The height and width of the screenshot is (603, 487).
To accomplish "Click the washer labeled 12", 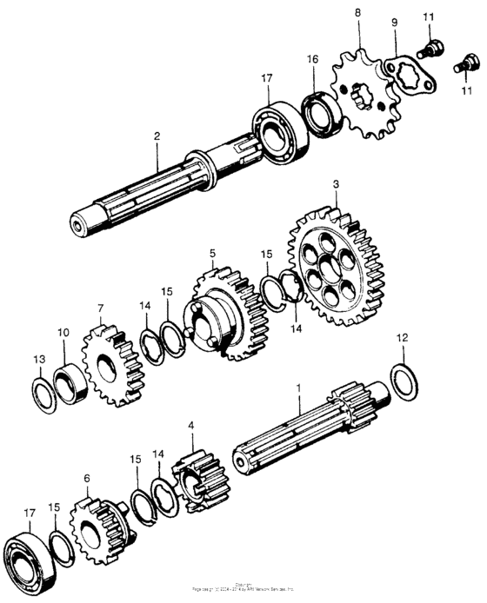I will coord(404,381).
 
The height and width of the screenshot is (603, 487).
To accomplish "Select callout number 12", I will coord(401,336).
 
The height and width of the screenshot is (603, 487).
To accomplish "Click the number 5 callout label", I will coord(211,254).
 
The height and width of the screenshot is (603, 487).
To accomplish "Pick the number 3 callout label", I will coord(335,185).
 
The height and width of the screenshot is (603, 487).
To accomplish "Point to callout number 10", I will coord(63,333).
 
